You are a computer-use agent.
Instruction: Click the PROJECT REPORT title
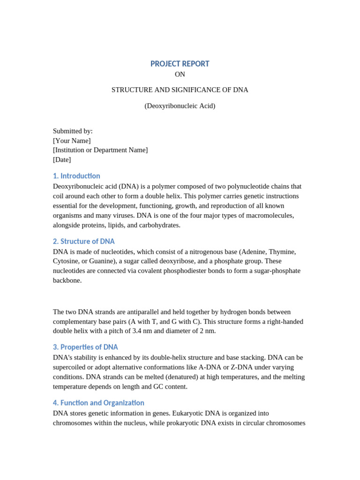180,64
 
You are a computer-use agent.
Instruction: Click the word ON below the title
180,75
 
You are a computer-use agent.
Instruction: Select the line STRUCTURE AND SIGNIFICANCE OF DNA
180,90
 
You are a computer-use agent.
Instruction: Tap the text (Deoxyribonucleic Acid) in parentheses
180,106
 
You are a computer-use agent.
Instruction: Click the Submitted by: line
73,131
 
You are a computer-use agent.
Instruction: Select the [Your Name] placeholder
72,141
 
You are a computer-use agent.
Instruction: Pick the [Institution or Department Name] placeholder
100,150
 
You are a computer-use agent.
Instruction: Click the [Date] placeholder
62,160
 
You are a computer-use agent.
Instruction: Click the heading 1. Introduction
76,176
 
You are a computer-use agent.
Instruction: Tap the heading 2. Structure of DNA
83,241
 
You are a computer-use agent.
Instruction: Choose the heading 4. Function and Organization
98,403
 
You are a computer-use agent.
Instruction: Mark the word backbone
67,281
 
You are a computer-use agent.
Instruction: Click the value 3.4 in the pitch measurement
153,331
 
